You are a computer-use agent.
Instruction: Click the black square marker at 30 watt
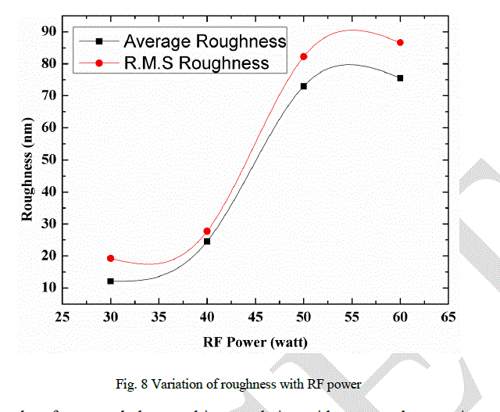(111, 281)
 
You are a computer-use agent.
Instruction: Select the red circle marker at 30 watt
(111, 258)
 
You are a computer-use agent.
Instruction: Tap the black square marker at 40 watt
(207, 241)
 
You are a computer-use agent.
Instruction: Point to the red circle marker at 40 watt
(207, 231)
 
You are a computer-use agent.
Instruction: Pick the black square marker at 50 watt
(304, 86)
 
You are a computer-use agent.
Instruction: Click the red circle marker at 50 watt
(304, 56)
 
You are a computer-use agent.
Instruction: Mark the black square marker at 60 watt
(400, 78)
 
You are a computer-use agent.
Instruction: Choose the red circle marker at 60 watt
(400, 42)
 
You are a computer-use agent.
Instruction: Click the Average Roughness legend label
(205, 41)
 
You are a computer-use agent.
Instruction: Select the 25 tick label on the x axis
(62, 317)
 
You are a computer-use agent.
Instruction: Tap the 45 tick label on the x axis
(255, 317)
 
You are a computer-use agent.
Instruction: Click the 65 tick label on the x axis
(448, 317)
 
